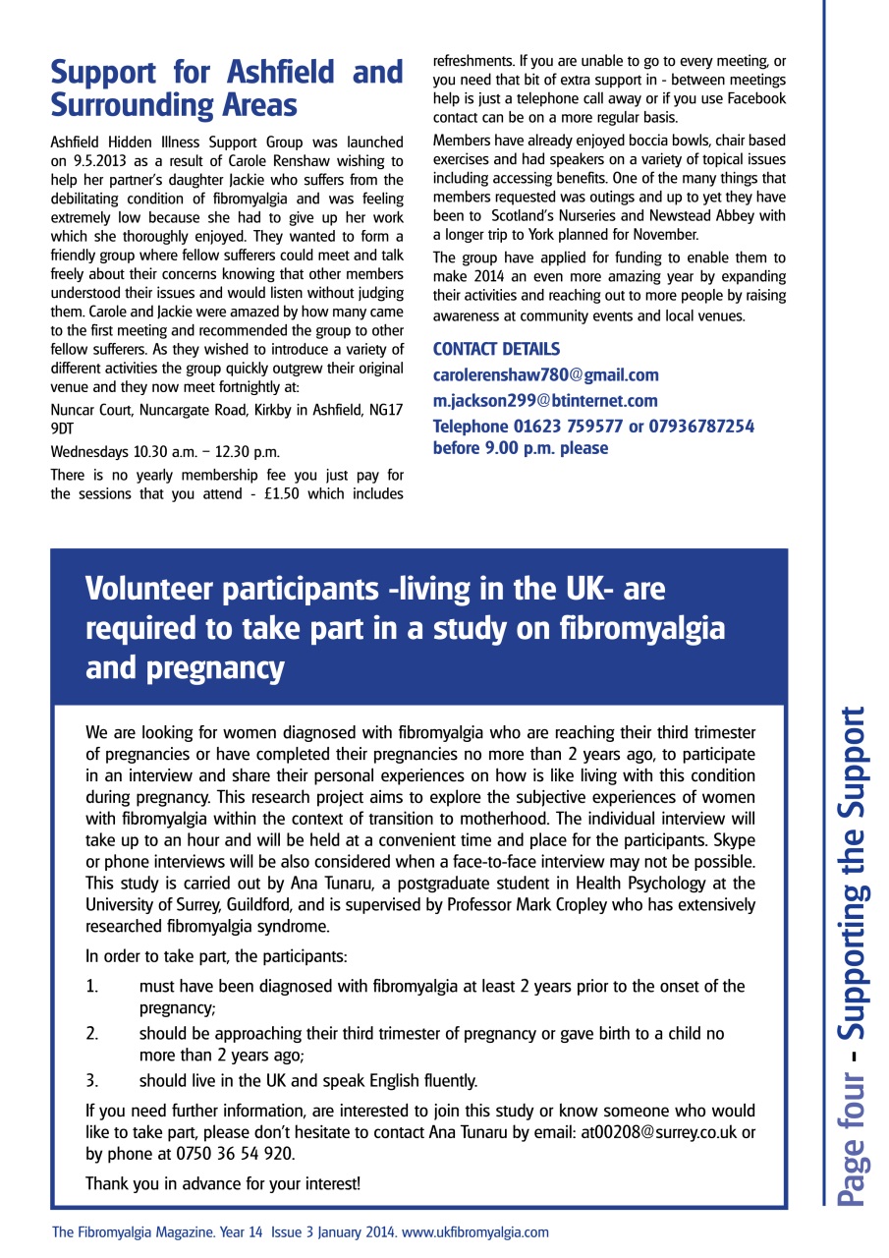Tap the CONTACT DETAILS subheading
(496, 349)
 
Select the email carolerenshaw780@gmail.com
(545, 375)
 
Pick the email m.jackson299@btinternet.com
(545, 401)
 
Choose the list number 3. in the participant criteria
(92, 1081)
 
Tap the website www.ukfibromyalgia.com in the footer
(475, 1231)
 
